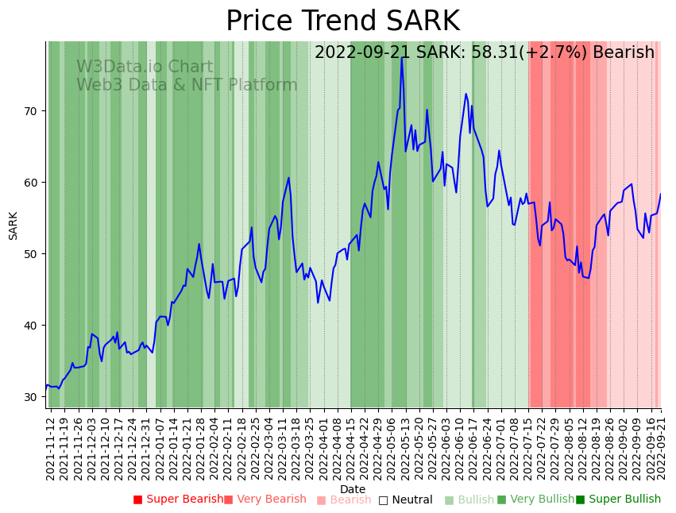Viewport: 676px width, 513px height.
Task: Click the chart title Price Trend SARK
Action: point(342,21)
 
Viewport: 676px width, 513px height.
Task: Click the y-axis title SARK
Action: point(14,226)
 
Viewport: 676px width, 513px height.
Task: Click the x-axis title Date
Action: point(353,489)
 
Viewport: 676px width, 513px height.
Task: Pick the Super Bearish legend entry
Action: point(179,499)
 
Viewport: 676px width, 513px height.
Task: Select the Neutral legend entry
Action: point(405,499)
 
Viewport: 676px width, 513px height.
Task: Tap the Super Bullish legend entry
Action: point(618,499)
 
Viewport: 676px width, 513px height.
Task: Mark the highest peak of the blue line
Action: point(402,58)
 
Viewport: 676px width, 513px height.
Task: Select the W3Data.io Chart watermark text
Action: point(145,67)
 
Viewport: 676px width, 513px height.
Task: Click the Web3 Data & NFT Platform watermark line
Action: point(187,85)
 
